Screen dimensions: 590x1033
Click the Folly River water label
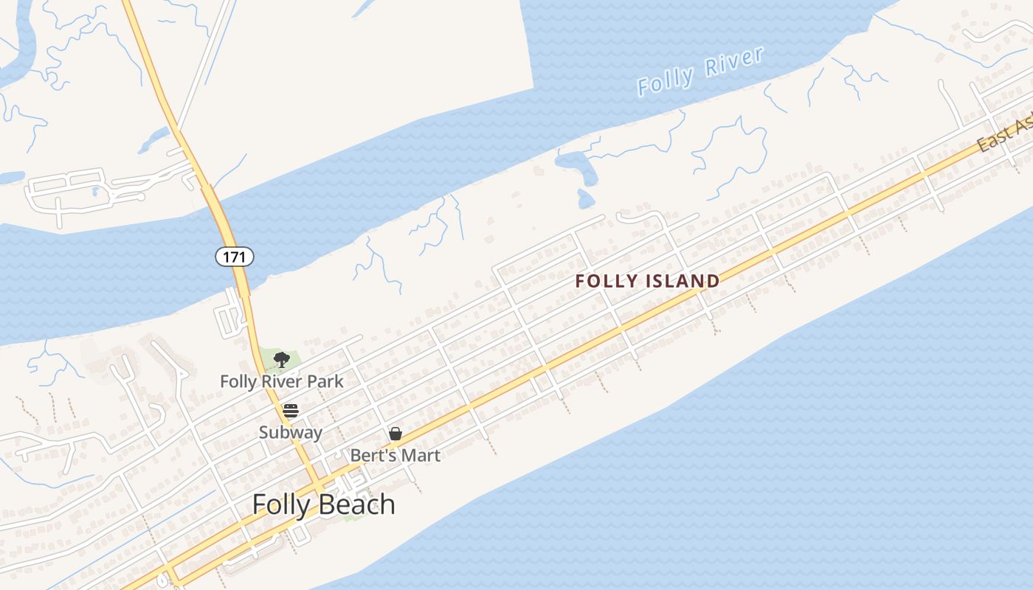(699, 72)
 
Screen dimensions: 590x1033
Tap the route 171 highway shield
(235, 257)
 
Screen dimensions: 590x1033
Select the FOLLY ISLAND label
(647, 281)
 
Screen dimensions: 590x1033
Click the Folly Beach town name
(323, 504)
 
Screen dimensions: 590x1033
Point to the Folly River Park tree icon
(281, 360)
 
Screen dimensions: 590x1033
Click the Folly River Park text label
(282, 381)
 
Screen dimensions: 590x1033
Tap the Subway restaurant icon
(291, 411)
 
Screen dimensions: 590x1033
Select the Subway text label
(290, 432)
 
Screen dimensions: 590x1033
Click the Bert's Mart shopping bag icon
(395, 434)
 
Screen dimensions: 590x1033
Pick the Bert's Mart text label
(395, 455)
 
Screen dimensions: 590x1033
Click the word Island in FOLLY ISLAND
(683, 281)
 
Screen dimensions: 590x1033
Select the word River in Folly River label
(733, 62)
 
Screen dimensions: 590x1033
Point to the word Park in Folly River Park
(327, 381)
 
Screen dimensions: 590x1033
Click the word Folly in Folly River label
(666, 80)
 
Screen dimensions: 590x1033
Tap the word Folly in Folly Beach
(283, 504)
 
